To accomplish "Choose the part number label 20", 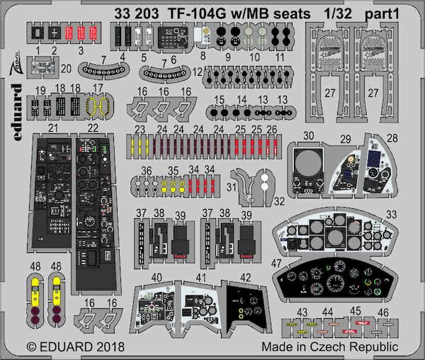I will coord(67,69).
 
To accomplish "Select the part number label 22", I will coord(92,127).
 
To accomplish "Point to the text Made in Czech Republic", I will coord(329,347).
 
